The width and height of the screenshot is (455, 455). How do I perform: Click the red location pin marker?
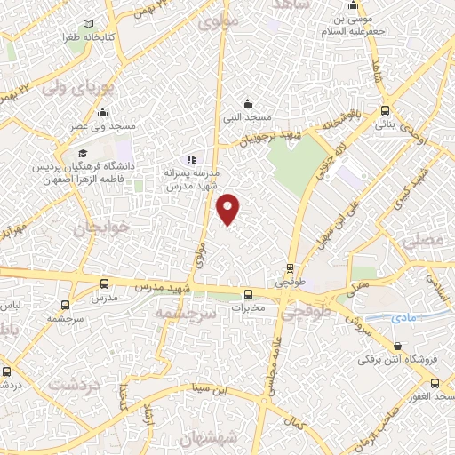(x=229, y=208)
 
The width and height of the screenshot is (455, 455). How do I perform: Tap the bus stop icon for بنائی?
(x=384, y=111)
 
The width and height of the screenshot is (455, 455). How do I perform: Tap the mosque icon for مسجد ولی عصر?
(x=103, y=113)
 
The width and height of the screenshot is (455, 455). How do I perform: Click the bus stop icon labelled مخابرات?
(x=249, y=295)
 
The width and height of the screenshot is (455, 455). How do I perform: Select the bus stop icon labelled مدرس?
(x=105, y=284)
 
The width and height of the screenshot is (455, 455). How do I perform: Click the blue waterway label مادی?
(x=403, y=317)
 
